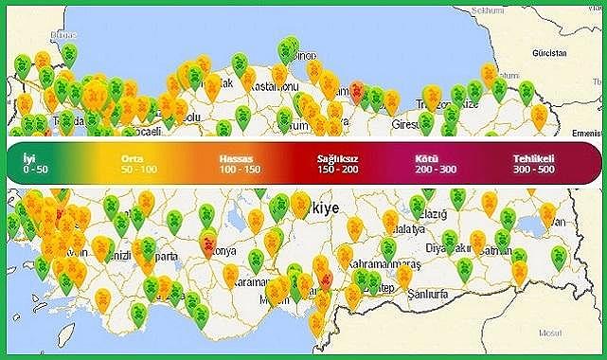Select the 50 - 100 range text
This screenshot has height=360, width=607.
tap(139, 168)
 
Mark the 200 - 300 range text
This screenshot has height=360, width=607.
tap(435, 168)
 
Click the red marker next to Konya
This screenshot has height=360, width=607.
tap(207, 245)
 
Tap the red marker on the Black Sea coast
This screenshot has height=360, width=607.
tap(358, 91)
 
